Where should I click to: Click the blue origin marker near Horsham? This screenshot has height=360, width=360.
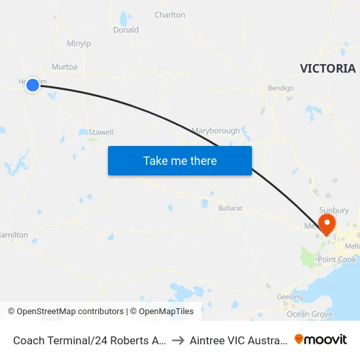click(33, 84)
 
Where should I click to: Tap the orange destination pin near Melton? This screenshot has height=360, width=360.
click(325, 224)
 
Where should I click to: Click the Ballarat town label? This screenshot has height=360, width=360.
click(230, 208)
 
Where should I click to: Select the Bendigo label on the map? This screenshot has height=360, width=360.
click(281, 88)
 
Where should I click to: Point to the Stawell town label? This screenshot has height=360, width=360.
click(101, 132)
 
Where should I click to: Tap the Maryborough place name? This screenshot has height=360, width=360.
click(215, 131)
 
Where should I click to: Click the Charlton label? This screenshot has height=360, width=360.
click(170, 14)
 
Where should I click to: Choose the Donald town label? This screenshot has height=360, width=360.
click(126, 30)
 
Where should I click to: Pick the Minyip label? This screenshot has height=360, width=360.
click(79, 43)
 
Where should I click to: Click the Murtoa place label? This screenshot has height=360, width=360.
click(64, 67)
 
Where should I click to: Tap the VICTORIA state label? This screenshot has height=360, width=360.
click(328, 69)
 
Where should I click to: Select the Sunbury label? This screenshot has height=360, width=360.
click(334, 210)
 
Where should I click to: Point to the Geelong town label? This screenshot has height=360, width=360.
click(290, 297)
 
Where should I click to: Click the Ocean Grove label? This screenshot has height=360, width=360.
click(310, 314)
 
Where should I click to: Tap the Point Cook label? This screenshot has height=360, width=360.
click(336, 260)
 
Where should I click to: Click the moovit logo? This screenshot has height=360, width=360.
click(321, 339)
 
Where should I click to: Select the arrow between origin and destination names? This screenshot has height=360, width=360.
click(177, 340)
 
